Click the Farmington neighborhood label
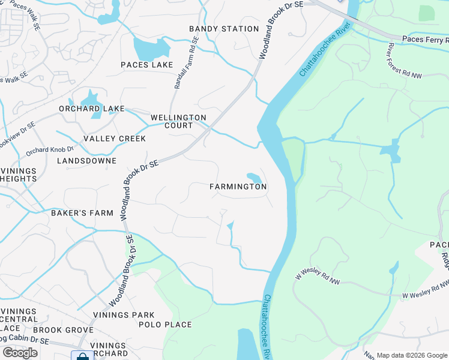(x=238, y=187)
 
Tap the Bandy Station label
(x=224, y=29)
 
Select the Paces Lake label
(x=146, y=65)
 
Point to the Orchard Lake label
(x=91, y=109)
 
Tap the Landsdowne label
(x=85, y=161)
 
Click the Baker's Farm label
(x=82, y=212)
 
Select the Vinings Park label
(x=124, y=315)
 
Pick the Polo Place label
(x=165, y=325)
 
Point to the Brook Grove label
(x=59, y=330)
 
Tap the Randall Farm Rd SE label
(x=185, y=64)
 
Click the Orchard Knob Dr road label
(x=49, y=149)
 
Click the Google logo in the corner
(x=20, y=353)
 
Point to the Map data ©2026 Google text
(x=412, y=355)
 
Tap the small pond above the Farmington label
(x=254, y=178)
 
